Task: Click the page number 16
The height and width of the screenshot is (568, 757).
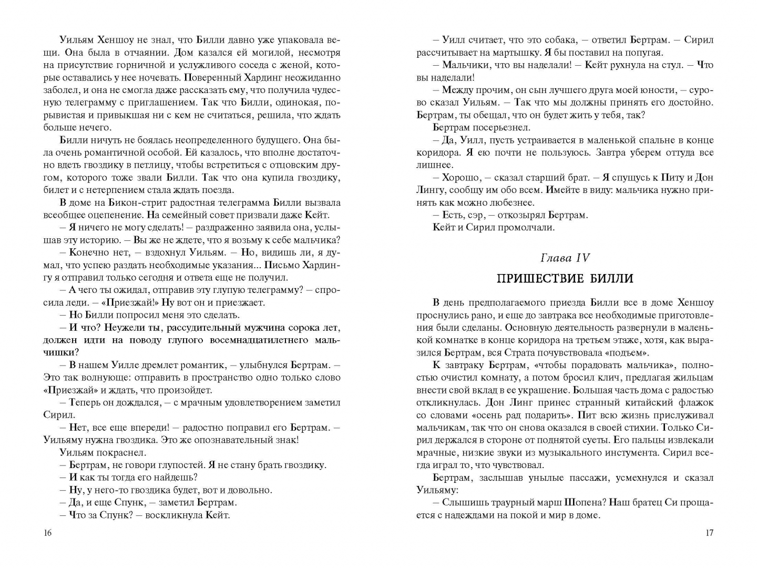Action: click(x=47, y=533)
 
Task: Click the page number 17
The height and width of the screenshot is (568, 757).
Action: click(x=709, y=533)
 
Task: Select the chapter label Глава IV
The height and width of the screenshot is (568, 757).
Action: click(x=565, y=258)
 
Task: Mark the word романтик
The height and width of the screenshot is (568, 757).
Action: click(x=203, y=365)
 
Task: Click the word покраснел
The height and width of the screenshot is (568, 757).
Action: click(x=122, y=452)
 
